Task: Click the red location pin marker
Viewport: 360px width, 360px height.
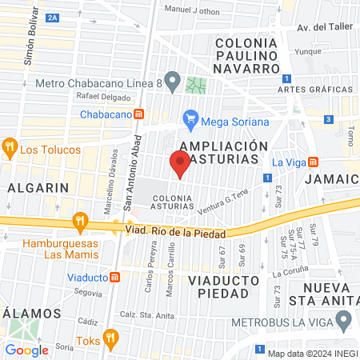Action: (180, 164)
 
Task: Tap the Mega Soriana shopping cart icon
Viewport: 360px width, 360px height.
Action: (190, 121)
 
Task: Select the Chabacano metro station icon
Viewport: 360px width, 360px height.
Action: (138, 114)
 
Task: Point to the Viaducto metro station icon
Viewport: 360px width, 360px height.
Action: (115, 278)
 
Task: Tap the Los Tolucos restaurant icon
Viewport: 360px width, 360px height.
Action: (10, 148)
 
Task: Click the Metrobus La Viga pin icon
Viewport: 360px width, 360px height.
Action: (344, 322)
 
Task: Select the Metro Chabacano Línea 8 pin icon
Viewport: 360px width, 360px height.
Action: (26, 82)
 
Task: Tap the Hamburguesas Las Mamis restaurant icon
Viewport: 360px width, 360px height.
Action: (79, 221)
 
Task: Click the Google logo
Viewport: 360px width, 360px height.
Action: (26, 350)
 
